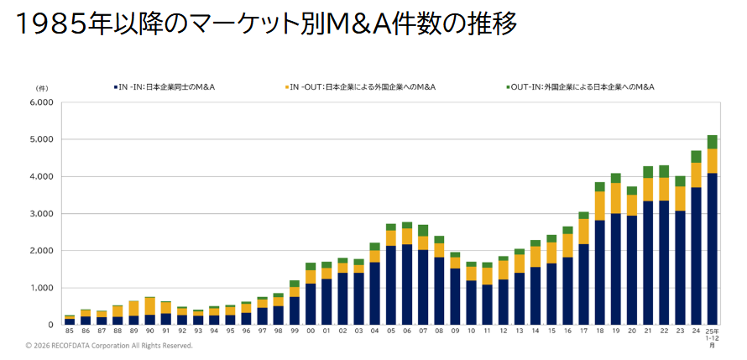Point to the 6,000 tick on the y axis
41,102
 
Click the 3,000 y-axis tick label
41,214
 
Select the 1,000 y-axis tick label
41,288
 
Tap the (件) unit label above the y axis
42,87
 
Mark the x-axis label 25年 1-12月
713,337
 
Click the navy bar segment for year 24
696,256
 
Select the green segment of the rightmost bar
713,142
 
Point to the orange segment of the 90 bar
150,305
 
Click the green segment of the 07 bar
423,230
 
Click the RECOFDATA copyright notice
109,346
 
